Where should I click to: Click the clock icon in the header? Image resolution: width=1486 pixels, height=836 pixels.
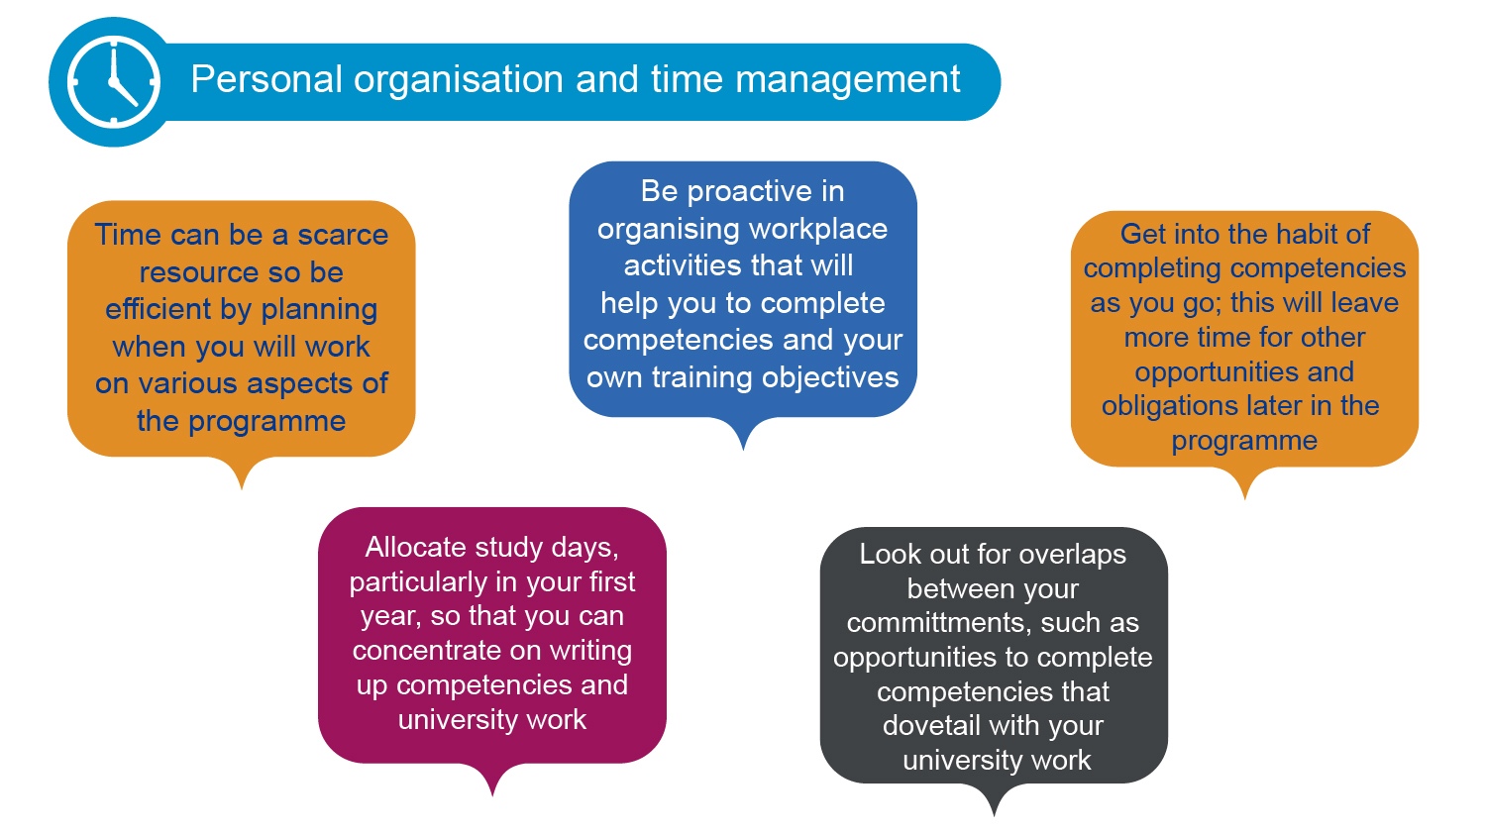point(114,81)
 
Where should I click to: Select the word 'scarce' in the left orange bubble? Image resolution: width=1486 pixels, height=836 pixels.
point(343,235)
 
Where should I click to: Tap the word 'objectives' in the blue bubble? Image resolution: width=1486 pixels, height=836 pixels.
point(830,377)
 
